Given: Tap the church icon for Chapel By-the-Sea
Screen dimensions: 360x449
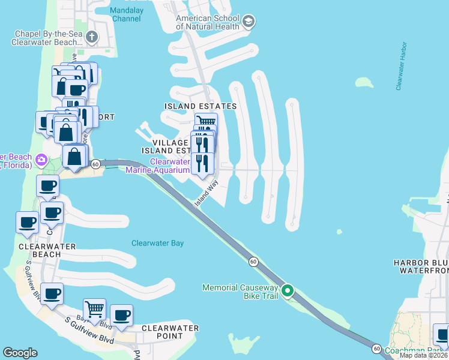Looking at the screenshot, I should (x=92, y=38).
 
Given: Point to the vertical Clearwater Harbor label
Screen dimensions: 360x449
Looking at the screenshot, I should (x=402, y=66).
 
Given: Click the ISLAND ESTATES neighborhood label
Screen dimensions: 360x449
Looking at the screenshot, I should (x=200, y=106).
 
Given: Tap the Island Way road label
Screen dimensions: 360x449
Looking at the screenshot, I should (x=205, y=195).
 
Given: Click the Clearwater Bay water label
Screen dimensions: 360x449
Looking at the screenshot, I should (x=157, y=243).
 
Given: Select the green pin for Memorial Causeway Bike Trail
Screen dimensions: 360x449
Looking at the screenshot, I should (x=288, y=292).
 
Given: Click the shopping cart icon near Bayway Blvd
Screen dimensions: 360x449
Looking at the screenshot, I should (x=94, y=309).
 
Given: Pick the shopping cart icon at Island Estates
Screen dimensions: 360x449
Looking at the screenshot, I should (x=206, y=123).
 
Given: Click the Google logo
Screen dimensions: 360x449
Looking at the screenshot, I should (x=20, y=353).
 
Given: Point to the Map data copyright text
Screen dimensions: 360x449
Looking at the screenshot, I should (x=426, y=355).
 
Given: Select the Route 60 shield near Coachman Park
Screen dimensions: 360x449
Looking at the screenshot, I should (x=376, y=348).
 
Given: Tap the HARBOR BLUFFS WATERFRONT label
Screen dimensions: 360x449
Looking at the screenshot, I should (x=421, y=267).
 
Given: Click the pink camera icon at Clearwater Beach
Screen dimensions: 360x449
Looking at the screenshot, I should (x=41, y=160).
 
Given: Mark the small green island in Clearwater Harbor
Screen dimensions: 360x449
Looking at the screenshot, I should (x=363, y=82).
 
